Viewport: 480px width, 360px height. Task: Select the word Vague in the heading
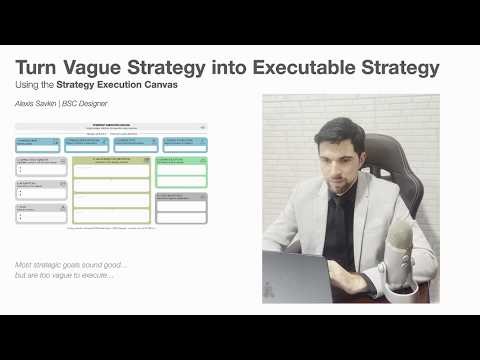pos(101,68)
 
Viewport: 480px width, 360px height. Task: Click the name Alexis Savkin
pos(37,103)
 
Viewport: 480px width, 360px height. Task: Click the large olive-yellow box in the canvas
pos(111,189)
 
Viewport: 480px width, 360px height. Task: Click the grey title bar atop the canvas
pos(111,128)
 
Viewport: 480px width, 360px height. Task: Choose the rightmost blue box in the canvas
pos(182,143)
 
